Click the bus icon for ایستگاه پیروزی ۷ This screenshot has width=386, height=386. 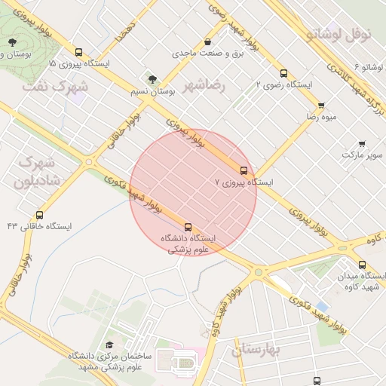(244, 170)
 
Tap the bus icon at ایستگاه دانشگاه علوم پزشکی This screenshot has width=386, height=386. (188, 226)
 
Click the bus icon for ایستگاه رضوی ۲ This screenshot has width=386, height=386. (283, 73)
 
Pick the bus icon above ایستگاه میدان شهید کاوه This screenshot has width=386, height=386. (363, 265)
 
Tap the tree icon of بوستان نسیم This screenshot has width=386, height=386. (153, 78)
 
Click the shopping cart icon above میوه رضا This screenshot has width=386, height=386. (321, 106)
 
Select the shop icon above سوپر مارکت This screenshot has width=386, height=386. (362, 143)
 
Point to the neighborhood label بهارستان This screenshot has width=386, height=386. (256, 350)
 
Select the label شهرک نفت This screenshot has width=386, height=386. (55, 85)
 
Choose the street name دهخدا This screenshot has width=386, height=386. (124, 31)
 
